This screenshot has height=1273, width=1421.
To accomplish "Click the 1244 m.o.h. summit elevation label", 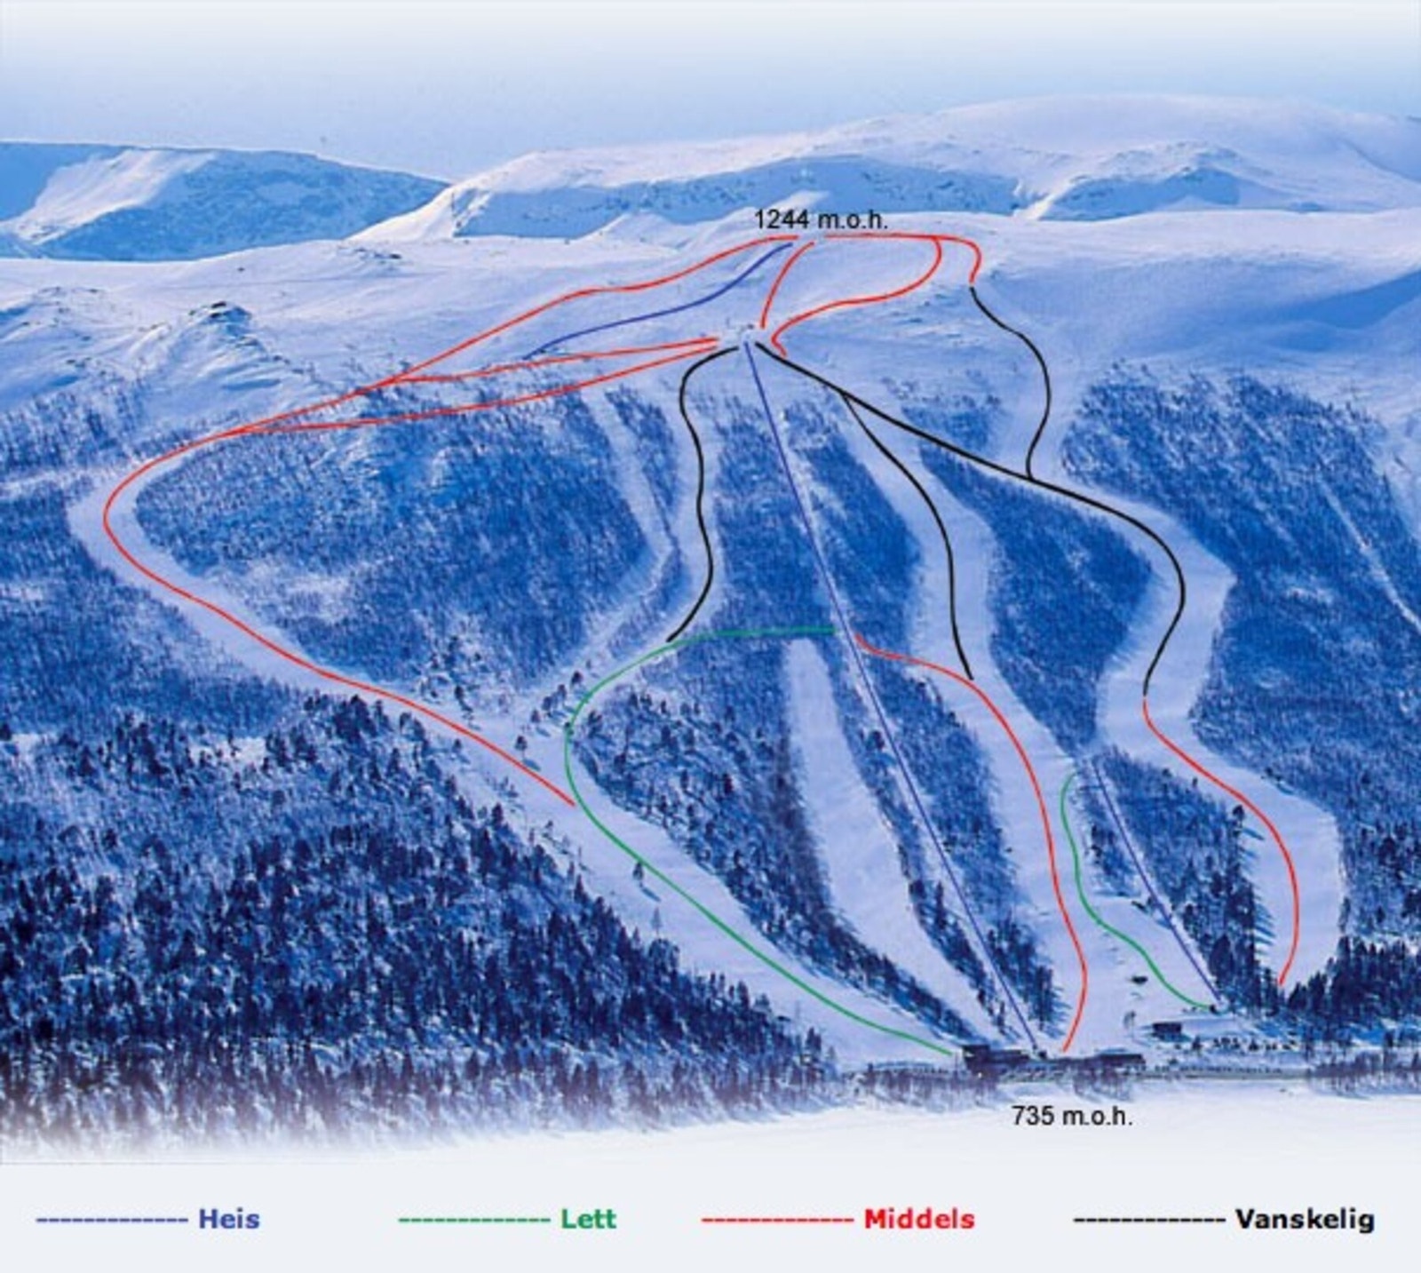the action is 821,219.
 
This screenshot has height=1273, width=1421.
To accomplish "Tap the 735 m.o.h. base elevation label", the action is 1072,1116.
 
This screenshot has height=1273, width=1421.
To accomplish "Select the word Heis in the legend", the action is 229,1218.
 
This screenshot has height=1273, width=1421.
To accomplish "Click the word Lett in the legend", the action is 588,1218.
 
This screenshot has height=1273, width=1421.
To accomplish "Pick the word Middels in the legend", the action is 918,1219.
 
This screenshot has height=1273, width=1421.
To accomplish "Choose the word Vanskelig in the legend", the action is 1304,1219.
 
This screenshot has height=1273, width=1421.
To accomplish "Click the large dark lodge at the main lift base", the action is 995,1057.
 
